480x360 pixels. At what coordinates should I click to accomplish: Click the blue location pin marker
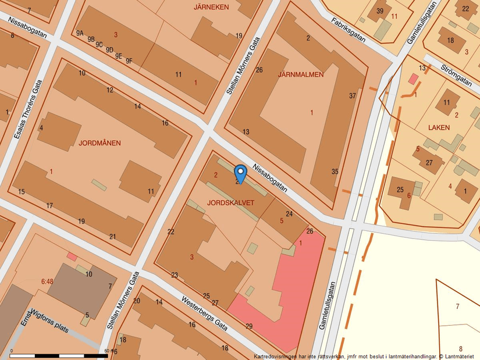240,173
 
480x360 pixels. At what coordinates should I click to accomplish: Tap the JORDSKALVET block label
230,202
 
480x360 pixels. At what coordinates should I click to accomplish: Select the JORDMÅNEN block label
100,143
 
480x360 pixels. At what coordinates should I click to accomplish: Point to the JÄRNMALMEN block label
301,74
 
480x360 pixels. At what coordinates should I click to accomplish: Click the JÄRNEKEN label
211,7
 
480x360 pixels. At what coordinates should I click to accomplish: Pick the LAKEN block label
439,127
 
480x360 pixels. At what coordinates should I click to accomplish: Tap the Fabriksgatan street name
348,30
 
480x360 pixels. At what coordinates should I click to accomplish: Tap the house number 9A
80,33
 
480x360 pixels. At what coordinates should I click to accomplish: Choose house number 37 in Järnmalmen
353,95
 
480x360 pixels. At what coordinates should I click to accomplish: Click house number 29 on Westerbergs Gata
250,326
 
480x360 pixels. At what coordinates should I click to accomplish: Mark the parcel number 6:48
47,281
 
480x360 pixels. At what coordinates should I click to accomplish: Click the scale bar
58,355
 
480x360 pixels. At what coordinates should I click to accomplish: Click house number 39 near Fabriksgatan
380,11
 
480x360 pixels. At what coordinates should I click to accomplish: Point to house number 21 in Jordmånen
112,236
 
